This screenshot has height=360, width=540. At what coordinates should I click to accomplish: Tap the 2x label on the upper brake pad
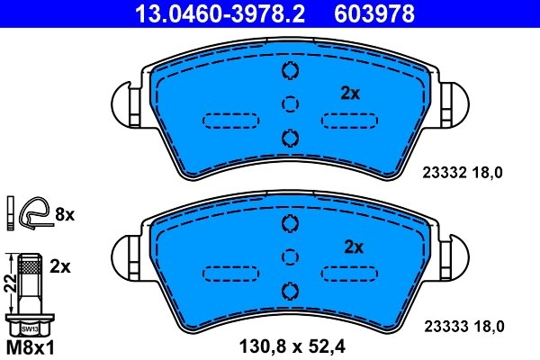pos(350,93)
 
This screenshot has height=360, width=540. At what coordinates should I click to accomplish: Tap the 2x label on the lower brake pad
pos(353,247)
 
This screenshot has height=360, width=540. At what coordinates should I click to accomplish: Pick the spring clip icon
pos(34,212)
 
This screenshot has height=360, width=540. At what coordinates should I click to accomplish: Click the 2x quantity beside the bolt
pos(61,267)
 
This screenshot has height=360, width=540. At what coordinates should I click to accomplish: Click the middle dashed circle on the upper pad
pos(290,104)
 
